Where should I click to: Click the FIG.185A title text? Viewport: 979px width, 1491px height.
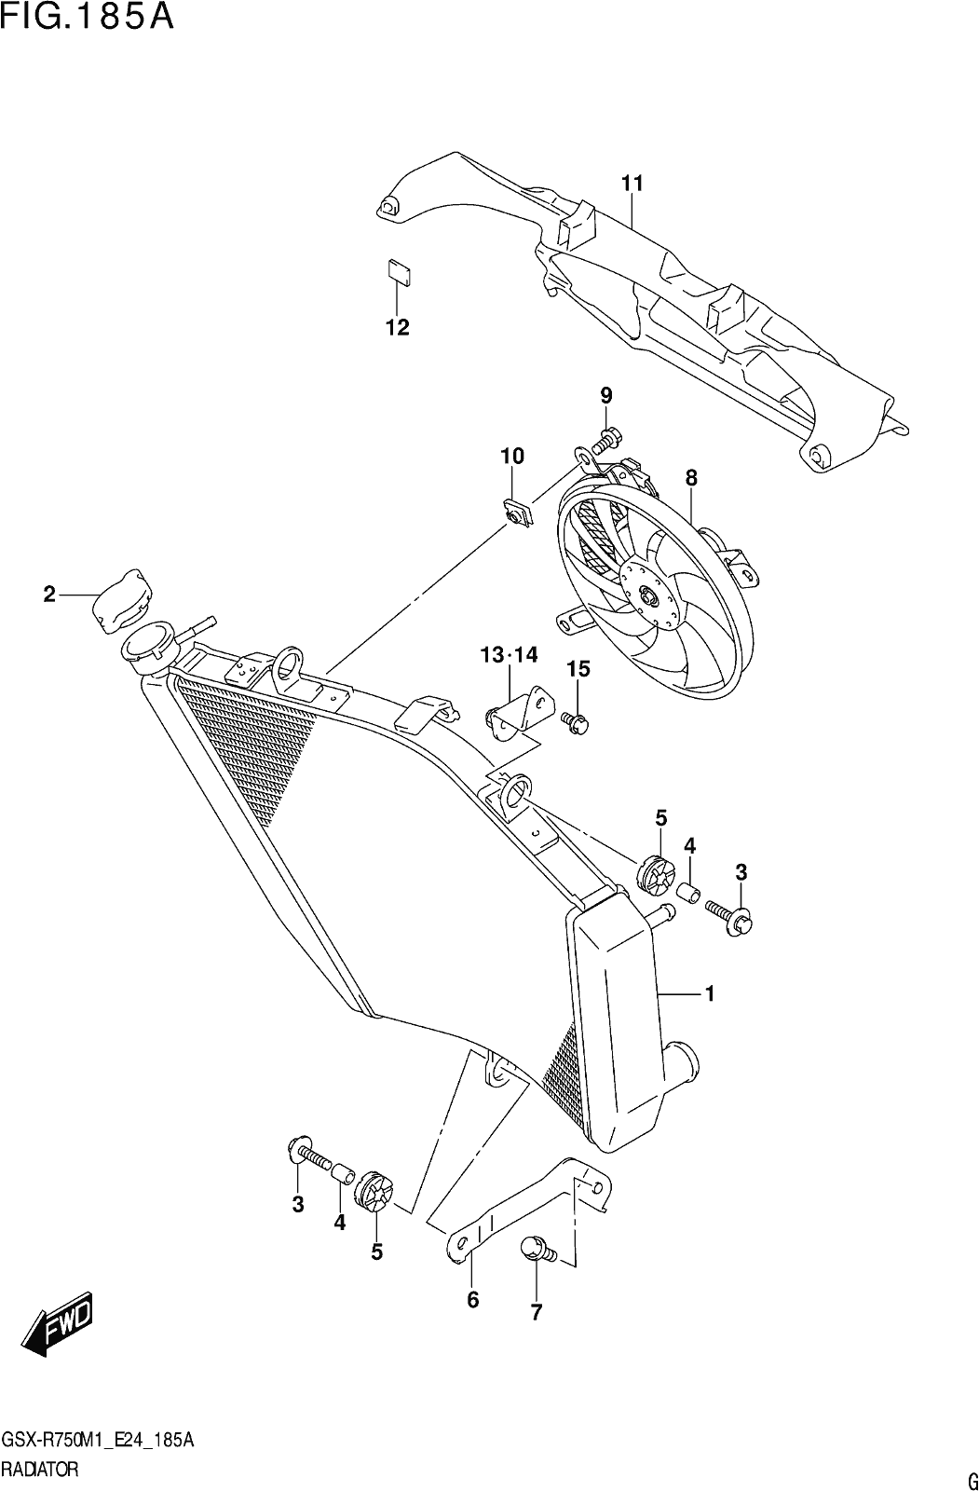88,18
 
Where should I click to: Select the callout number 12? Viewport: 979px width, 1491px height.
398,327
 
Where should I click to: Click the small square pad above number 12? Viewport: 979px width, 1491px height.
399,272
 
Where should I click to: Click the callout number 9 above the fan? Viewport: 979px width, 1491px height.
605,396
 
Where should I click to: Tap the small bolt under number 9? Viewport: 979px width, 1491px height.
606,440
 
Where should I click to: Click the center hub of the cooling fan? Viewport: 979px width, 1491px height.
650,597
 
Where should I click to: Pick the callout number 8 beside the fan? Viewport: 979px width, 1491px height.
691,477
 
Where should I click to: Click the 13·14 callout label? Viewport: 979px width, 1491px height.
510,655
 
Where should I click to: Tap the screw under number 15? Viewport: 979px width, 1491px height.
577,723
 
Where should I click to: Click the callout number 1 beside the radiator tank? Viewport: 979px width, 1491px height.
710,993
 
